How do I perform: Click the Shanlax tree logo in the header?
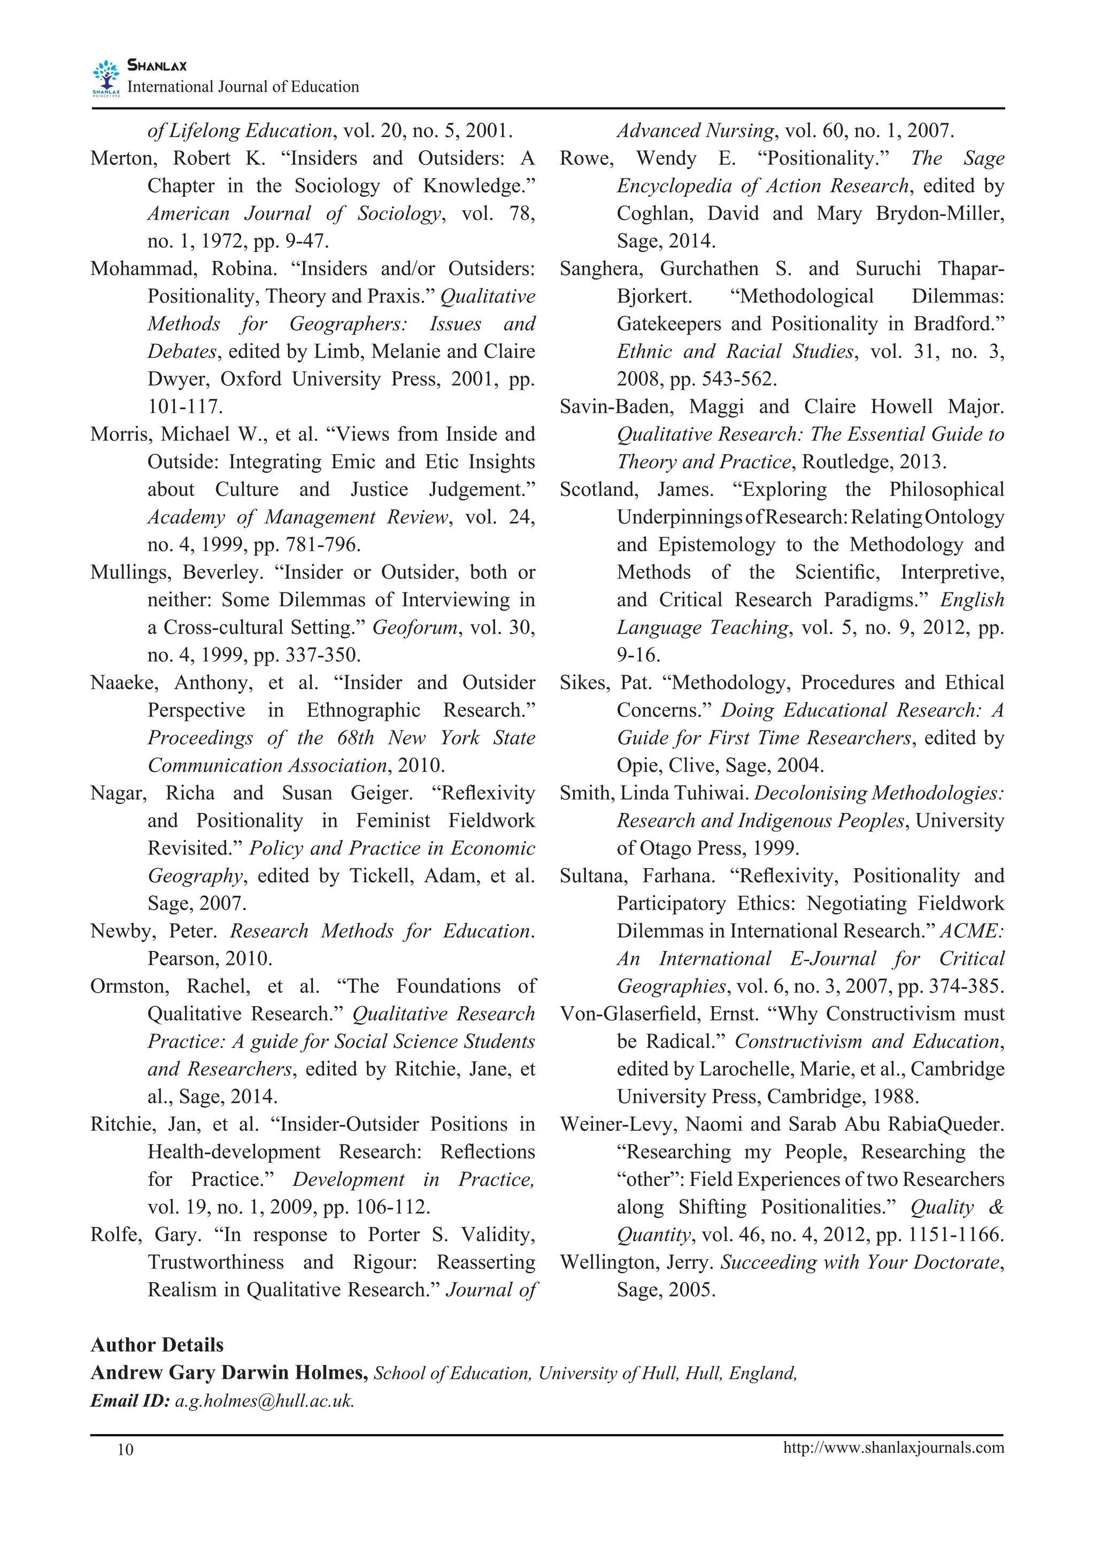[x=106, y=78]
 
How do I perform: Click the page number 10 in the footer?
[x=126, y=1450]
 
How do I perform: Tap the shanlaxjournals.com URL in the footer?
[x=893, y=1447]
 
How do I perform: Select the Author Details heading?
[x=157, y=1345]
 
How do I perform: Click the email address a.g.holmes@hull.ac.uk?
[x=264, y=1400]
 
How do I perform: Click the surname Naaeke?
[x=124, y=683]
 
